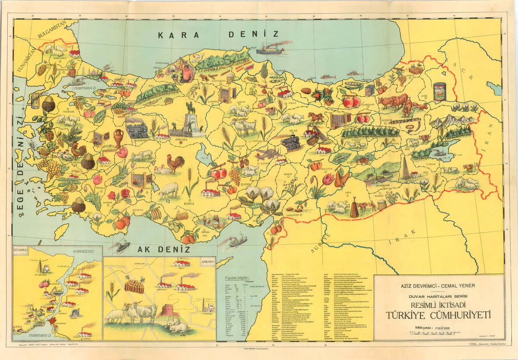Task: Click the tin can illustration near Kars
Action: coord(439,92)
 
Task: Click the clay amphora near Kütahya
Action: coord(118,138)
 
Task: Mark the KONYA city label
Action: coord(189,203)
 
